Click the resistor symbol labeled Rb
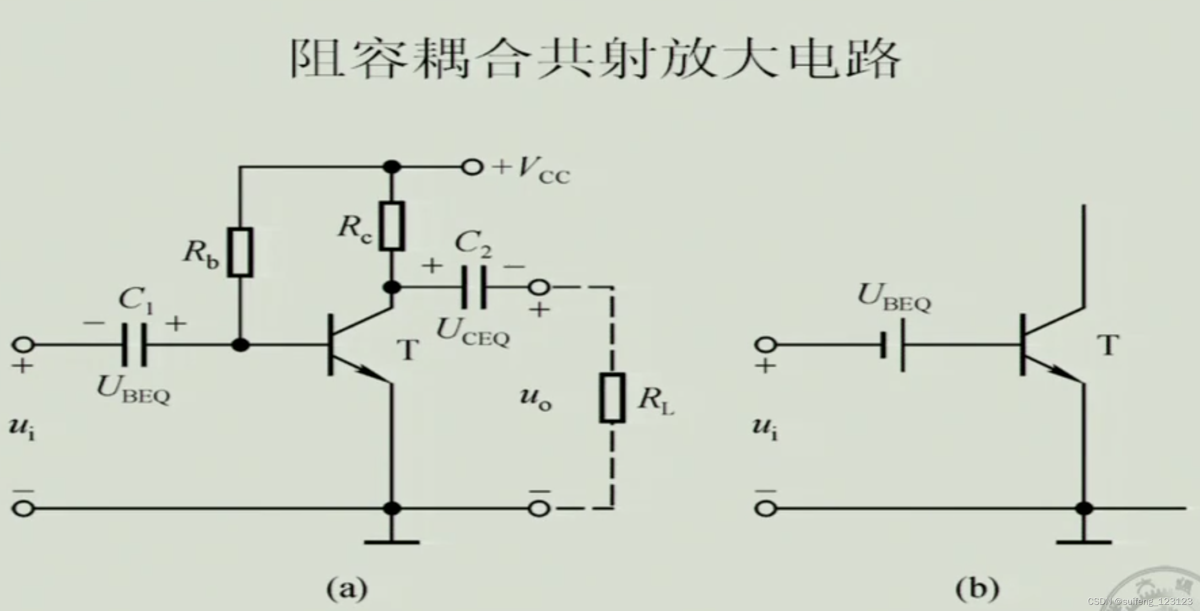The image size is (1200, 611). (240, 252)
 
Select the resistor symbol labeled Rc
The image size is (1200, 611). (391, 226)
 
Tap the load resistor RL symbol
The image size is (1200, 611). (612, 398)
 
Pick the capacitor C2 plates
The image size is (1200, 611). (474, 288)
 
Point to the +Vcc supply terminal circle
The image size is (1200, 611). (472, 167)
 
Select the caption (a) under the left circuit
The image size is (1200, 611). (347, 588)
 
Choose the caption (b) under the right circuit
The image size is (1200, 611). (977, 588)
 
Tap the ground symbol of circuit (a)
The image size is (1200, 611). (391, 541)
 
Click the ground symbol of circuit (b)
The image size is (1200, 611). (1083, 541)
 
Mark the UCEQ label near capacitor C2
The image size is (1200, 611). (472, 332)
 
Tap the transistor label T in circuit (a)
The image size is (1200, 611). (408, 350)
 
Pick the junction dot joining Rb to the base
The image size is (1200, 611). (240, 345)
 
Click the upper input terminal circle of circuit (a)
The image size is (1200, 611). (23, 345)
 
